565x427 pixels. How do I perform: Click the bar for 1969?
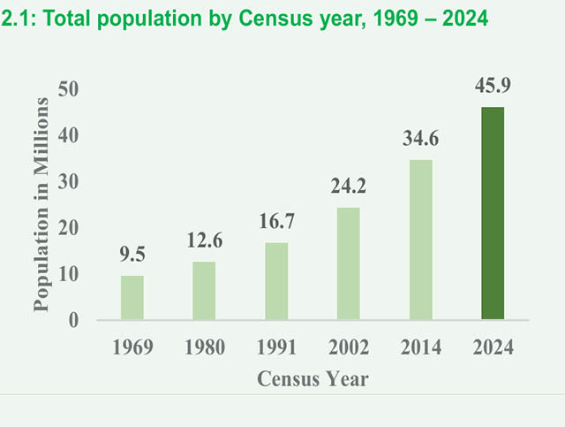(x=132, y=298)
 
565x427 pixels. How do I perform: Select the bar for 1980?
(x=204, y=291)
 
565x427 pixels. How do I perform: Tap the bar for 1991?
(x=276, y=281)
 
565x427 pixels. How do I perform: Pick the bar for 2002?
(x=349, y=263)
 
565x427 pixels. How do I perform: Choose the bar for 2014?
(x=420, y=240)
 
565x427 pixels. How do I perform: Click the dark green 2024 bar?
(x=493, y=213)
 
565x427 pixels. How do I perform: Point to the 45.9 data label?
(x=493, y=87)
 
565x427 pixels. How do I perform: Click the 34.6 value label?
(x=421, y=139)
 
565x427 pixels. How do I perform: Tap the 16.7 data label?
(x=276, y=221)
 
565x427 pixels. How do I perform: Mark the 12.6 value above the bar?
(x=205, y=240)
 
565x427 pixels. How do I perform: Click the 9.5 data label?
(x=132, y=255)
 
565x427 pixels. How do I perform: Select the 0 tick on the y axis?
(x=74, y=321)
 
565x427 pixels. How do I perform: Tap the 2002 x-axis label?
(x=349, y=347)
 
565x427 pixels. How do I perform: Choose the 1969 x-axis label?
(x=132, y=347)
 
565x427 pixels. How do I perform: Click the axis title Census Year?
(x=313, y=379)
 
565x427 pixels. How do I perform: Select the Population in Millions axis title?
(x=40, y=204)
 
